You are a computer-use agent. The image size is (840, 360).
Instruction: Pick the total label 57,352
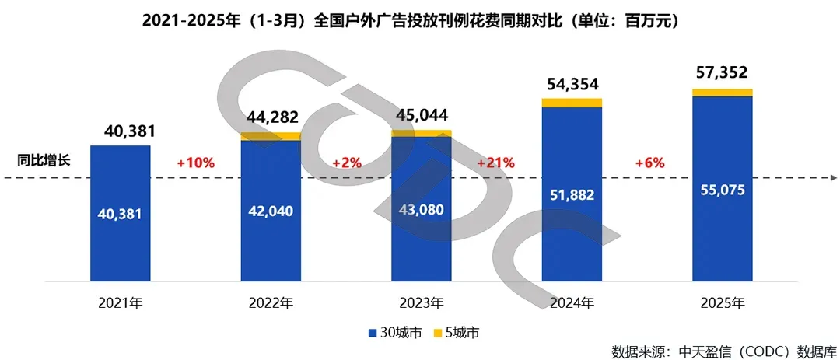coord(722,73)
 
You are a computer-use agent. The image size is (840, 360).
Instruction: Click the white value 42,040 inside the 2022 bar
coord(271,210)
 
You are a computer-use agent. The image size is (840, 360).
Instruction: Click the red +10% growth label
coord(195,163)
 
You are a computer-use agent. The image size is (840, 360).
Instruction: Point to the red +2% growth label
coord(346,163)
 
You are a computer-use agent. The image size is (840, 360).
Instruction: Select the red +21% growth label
coord(497,163)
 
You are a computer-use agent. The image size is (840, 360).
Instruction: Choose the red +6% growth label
coord(647,163)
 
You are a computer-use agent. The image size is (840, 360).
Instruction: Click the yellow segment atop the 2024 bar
coord(572,103)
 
